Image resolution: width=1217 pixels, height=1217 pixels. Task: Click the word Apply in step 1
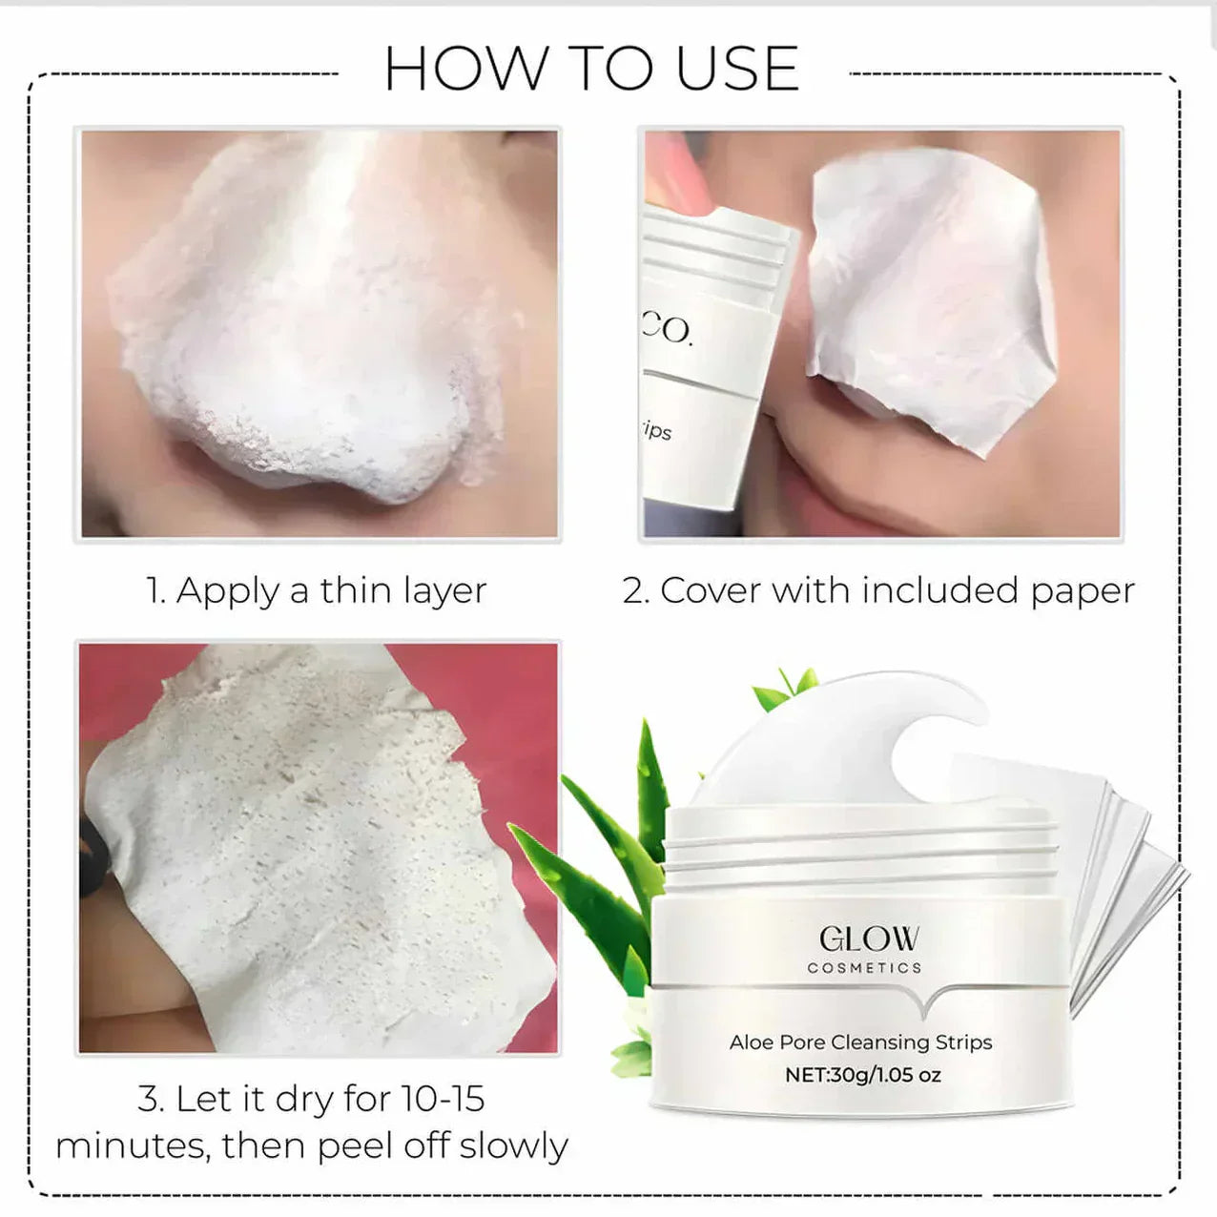(229, 591)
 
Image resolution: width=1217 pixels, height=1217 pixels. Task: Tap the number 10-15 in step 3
(443, 1099)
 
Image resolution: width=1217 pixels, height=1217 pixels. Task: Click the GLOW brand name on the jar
(869, 939)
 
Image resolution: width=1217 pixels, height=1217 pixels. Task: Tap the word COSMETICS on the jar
(864, 968)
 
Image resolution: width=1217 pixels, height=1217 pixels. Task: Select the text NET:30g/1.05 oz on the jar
(862, 1075)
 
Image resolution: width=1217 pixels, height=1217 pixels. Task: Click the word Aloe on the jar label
(752, 1042)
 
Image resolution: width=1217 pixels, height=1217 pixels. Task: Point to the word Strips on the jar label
(963, 1042)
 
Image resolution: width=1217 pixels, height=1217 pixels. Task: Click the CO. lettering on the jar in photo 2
(667, 329)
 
